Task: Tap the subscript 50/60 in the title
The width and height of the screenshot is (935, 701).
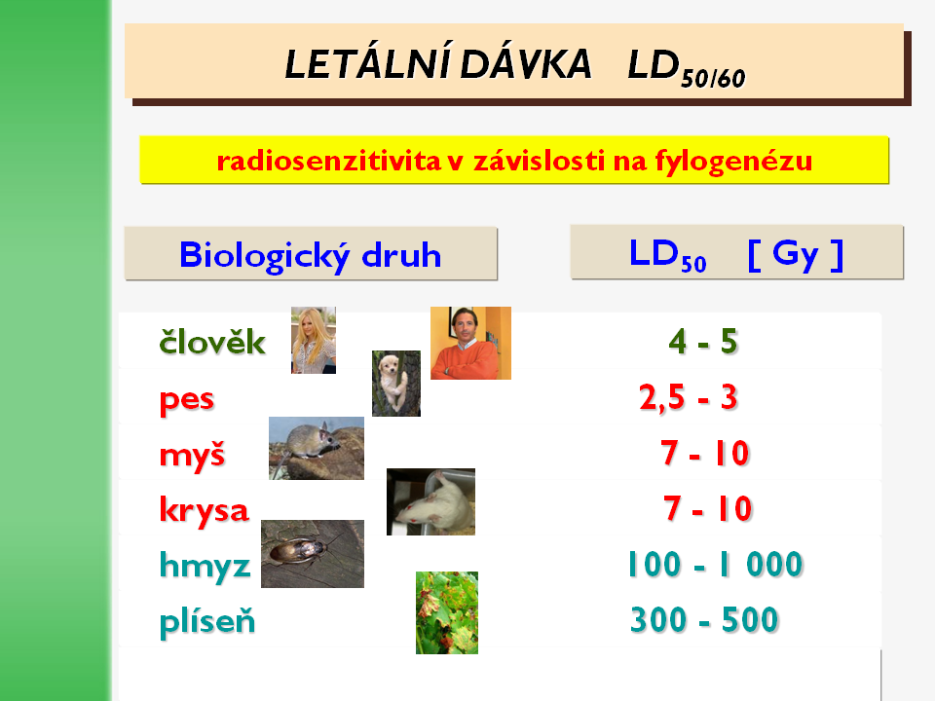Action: (713, 79)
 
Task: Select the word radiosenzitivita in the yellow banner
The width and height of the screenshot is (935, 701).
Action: (328, 161)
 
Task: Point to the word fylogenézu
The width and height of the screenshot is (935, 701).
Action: (733, 162)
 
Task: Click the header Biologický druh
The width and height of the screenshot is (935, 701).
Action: (310, 256)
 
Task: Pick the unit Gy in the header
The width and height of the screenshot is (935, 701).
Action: (796, 255)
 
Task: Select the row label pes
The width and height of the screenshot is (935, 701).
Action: (187, 400)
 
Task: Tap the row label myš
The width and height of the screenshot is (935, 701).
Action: (192, 456)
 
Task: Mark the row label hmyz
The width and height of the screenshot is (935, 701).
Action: (205, 566)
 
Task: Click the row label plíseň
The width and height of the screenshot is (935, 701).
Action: (206, 621)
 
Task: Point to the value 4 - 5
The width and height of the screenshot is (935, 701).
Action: (703, 342)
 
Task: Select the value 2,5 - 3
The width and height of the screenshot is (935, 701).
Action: (689, 397)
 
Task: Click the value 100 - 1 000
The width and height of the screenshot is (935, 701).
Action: (715, 564)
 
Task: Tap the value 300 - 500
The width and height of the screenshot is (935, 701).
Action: (704, 619)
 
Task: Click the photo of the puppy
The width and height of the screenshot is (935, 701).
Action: (396, 384)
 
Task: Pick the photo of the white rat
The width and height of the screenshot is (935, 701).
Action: (431, 502)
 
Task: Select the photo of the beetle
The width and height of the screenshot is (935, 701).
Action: (313, 554)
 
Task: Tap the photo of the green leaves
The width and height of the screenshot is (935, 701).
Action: (447, 612)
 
